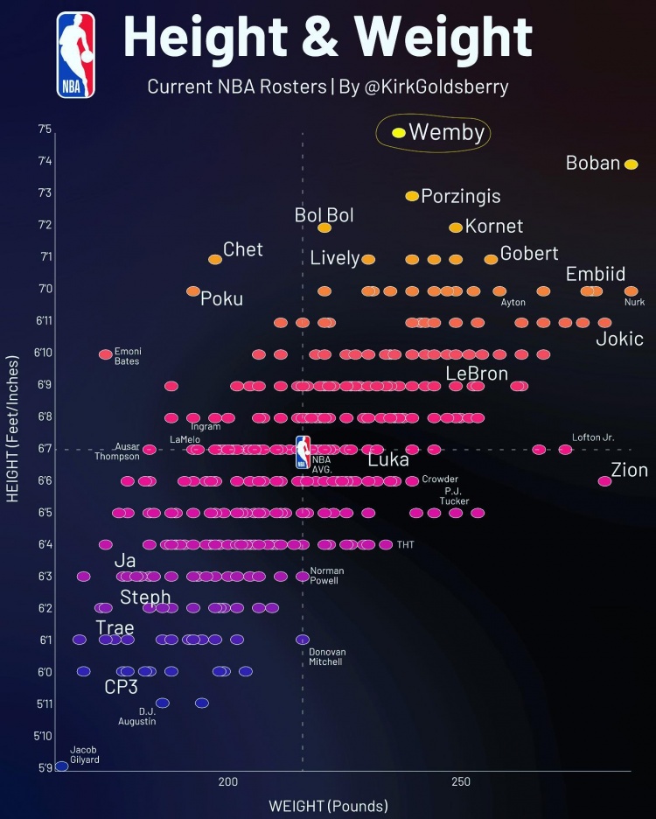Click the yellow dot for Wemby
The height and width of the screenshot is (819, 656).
[x=399, y=133]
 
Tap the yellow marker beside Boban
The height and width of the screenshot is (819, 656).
[x=632, y=164]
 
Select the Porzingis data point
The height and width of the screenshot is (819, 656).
[x=412, y=196]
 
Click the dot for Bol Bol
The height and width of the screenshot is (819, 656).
[x=325, y=227]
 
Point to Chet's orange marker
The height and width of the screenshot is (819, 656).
[x=215, y=259]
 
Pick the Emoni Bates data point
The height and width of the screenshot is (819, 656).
[x=106, y=354]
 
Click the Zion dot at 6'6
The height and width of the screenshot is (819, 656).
[x=604, y=480]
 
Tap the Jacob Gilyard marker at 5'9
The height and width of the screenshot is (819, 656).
[x=61, y=766]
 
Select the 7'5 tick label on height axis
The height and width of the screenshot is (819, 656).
[x=45, y=129]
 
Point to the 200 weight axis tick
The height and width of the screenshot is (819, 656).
[x=228, y=781]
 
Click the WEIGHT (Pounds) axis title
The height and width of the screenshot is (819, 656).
[x=328, y=805]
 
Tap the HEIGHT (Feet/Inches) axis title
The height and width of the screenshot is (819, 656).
[x=13, y=429]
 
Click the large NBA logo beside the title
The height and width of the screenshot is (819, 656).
[x=76, y=54]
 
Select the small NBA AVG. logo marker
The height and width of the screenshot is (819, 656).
[x=303, y=451]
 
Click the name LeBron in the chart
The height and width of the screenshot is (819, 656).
[x=477, y=374]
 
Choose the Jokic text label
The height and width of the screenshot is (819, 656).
[x=619, y=339]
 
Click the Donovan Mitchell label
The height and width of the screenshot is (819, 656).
[x=327, y=657]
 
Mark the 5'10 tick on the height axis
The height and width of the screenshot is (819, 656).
[x=44, y=736]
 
